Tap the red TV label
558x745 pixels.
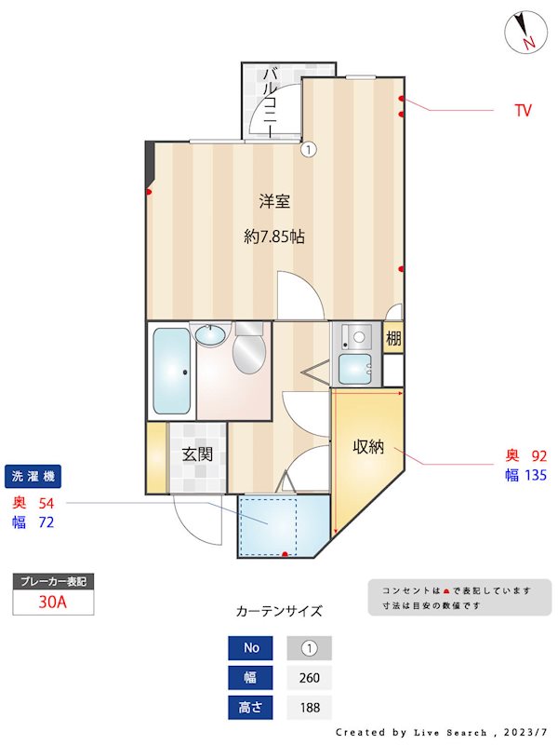point(524,111)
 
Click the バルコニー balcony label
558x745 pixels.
point(270,102)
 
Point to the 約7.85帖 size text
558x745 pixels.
point(274,237)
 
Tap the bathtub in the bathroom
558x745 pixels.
point(171,372)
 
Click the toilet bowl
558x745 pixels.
point(247,355)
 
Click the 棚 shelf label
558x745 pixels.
point(394,338)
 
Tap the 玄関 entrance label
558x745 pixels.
point(197,454)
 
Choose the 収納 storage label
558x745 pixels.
point(368,447)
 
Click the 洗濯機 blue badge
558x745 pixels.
point(33,477)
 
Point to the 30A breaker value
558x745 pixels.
point(53,602)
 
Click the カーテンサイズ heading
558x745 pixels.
point(279,612)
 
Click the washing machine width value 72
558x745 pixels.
point(46,522)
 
